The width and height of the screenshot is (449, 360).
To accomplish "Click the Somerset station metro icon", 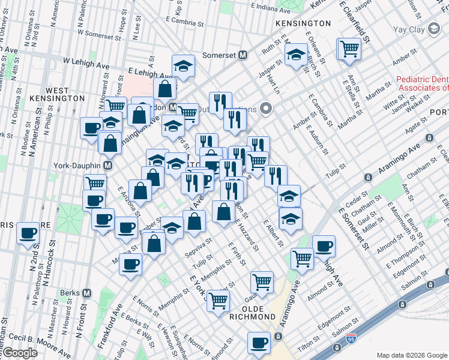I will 243,55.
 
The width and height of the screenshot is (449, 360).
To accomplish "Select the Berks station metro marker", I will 87,293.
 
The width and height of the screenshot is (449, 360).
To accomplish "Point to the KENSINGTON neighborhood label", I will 303,23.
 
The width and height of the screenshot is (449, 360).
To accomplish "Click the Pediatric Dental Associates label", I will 423,83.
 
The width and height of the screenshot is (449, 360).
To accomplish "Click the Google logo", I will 19,353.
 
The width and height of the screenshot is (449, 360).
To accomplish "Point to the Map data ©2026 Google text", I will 411,355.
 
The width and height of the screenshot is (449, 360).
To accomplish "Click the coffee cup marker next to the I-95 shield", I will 259,342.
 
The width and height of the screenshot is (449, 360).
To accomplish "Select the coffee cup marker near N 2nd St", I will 28,233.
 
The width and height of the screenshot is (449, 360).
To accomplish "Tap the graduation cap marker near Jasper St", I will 296,56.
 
